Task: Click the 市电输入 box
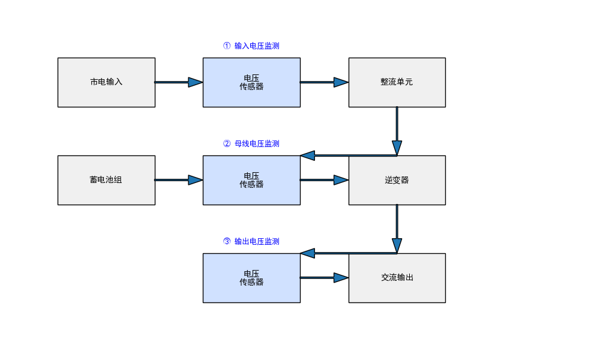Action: click(x=106, y=82)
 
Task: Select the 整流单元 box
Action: click(x=397, y=82)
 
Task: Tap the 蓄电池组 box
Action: click(x=106, y=180)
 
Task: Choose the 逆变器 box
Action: click(x=397, y=180)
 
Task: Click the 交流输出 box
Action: click(x=397, y=278)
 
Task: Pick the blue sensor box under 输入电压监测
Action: click(x=251, y=82)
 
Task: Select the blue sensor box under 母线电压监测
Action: click(x=251, y=180)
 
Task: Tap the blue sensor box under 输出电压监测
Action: click(x=251, y=278)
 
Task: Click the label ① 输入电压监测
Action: click(x=251, y=46)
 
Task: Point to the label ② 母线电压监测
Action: click(x=251, y=144)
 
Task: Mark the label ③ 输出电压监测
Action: click(x=251, y=242)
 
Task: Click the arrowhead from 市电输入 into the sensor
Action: click(x=195, y=82)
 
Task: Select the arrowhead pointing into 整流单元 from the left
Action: click(x=341, y=82)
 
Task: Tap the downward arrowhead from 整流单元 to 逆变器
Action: click(x=397, y=148)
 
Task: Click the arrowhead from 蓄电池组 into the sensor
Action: click(x=195, y=180)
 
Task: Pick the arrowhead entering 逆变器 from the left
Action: click(x=341, y=180)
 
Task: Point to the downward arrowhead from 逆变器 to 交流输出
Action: click(x=397, y=245)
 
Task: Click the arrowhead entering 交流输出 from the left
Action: click(x=341, y=278)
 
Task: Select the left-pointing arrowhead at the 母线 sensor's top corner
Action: click(x=308, y=155)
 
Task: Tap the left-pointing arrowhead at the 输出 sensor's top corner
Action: click(x=308, y=253)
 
